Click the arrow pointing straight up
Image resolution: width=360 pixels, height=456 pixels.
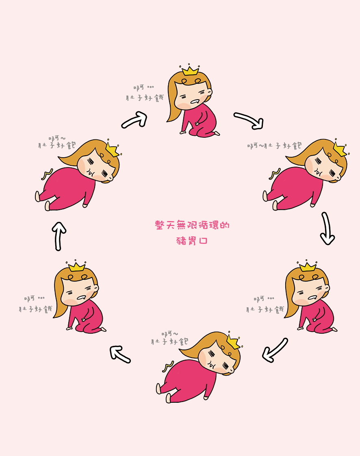coord(59,236)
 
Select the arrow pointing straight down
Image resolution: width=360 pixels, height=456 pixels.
coord(327,228)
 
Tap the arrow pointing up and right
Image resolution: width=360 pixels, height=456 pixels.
coord(134,120)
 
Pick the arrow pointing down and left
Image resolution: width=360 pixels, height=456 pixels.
coord(274,350)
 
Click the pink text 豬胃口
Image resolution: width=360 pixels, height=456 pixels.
coord(192,241)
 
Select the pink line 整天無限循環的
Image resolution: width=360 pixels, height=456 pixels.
coord(192,225)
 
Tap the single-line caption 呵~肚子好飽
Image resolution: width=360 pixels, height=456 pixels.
coord(275,145)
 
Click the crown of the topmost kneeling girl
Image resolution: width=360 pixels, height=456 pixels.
coord(190,70)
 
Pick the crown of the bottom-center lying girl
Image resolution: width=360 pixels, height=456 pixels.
coord(234,341)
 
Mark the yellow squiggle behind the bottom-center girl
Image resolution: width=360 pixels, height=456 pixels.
coord(168,367)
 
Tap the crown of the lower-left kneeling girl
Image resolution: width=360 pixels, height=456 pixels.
coord(76,266)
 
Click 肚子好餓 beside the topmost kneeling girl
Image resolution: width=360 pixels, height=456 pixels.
coord(145,98)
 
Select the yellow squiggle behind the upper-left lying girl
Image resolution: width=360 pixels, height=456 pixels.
coord(47,174)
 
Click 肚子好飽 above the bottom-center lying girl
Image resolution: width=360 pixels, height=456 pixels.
coord(169,341)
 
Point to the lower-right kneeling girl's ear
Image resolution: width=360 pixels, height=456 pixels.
coord(327,288)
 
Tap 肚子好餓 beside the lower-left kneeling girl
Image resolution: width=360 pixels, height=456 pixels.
coord(35,309)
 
